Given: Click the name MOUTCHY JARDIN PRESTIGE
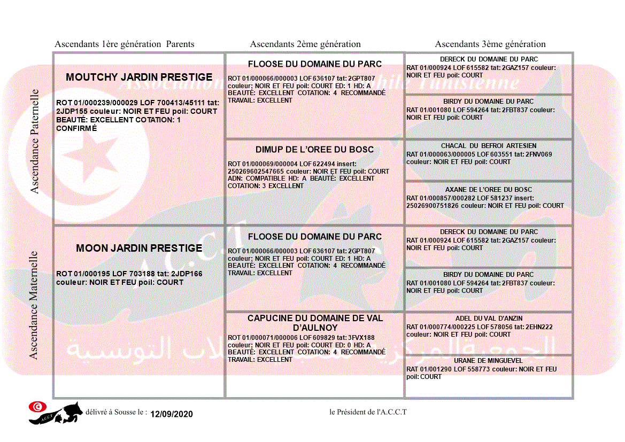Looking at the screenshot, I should click(x=139, y=77).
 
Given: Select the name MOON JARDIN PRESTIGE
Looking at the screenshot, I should click(x=139, y=249).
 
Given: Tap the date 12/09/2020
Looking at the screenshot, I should click(x=171, y=414).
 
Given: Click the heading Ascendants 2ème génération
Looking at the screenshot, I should click(x=305, y=44).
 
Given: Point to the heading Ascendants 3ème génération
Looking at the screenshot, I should click(x=490, y=44).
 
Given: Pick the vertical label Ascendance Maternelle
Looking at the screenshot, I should click(x=34, y=305).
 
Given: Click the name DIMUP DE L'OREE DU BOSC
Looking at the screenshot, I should click(x=315, y=150).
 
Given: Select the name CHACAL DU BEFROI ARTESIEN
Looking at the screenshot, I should click(x=489, y=146).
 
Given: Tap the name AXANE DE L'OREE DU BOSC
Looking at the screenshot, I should click(x=489, y=190).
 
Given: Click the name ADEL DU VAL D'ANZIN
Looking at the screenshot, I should click(x=489, y=319).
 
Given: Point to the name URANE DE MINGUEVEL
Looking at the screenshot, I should click(x=489, y=361).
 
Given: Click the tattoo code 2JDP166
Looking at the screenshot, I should click(x=187, y=274).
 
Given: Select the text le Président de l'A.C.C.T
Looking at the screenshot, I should click(x=368, y=412).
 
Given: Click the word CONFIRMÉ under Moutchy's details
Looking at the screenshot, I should click(x=76, y=128).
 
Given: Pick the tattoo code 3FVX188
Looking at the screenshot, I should click(x=361, y=338).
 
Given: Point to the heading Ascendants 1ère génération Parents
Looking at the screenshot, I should click(x=125, y=44).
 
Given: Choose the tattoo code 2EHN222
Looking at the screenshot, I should click(x=539, y=327).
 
